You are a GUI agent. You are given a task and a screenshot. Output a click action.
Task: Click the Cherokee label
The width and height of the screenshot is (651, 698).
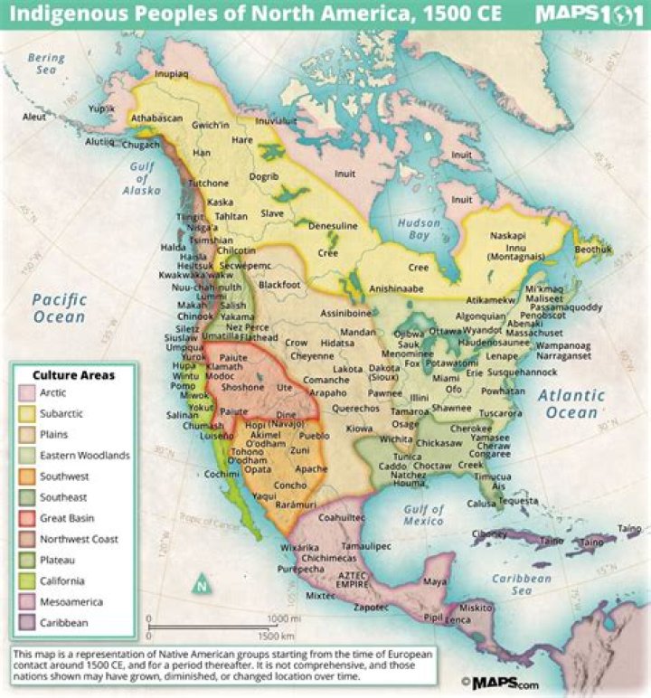[x=471, y=429]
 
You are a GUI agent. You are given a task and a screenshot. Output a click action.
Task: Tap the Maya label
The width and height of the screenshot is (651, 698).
[x=435, y=580]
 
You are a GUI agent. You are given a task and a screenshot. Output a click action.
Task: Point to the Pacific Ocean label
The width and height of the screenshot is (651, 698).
[x=59, y=307]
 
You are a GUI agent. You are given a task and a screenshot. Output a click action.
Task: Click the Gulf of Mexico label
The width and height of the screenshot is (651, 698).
[x=423, y=514]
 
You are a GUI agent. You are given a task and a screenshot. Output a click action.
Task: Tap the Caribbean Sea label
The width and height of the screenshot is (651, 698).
[x=520, y=584]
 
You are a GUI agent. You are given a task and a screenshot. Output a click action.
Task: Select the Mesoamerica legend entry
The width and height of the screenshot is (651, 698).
[x=71, y=601]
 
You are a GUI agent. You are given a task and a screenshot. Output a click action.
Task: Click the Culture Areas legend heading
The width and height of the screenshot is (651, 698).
[x=74, y=374]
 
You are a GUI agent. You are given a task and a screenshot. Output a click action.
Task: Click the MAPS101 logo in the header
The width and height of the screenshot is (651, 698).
[x=588, y=15]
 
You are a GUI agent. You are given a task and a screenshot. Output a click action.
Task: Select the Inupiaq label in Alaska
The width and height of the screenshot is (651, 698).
[x=172, y=74]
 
